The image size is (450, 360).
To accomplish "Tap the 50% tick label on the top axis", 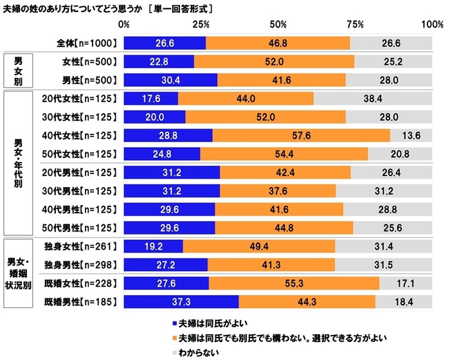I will [278, 24].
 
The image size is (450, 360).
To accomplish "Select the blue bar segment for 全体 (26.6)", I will [165, 43].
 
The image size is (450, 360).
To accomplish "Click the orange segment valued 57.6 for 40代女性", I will [301, 136].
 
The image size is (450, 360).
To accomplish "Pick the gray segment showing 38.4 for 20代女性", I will [373, 98].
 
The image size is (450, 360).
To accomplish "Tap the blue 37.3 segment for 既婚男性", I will [181, 301].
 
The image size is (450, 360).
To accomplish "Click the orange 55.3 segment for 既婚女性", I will [294, 282].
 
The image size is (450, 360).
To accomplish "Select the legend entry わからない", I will [195, 352].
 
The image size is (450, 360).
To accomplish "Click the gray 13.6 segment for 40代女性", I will [411, 136].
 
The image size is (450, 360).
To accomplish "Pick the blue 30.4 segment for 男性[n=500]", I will [170, 80].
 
